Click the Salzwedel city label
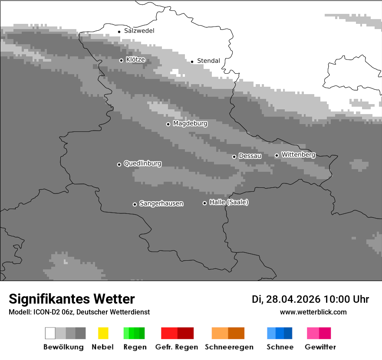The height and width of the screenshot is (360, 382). [x=139, y=31]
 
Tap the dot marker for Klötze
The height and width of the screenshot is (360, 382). [x=121, y=60]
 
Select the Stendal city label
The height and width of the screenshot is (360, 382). [x=208, y=61]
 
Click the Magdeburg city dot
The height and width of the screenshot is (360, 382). [x=168, y=124]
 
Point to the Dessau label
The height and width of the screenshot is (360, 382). [x=250, y=156]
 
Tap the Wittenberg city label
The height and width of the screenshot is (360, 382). [x=298, y=154]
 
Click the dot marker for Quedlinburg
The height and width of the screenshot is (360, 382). [x=119, y=164]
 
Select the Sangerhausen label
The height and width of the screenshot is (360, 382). [x=161, y=203]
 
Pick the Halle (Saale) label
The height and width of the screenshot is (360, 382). [x=229, y=202]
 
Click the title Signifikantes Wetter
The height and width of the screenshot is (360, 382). [x=72, y=299]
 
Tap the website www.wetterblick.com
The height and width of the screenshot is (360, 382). [x=313, y=312]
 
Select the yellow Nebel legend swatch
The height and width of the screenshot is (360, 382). [x=103, y=333]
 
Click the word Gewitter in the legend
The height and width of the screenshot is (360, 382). [x=320, y=347]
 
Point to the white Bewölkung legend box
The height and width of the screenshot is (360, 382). [x=50, y=333]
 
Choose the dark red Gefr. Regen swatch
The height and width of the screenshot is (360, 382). [x=185, y=333]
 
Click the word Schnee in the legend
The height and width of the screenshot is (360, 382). [x=280, y=347]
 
